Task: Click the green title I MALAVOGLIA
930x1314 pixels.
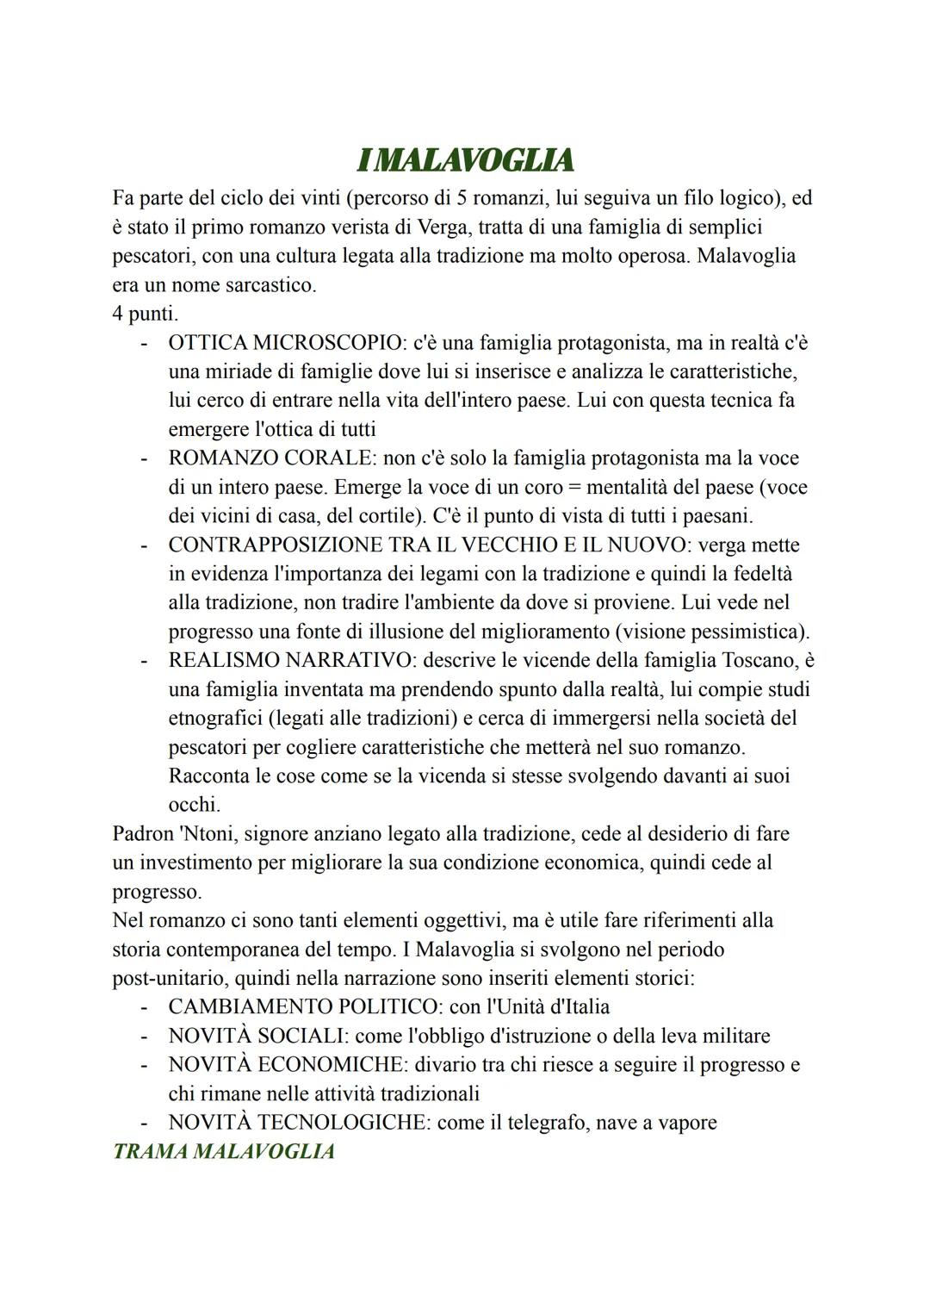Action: click(x=465, y=160)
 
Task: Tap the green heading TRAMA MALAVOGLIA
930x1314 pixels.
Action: click(x=223, y=1151)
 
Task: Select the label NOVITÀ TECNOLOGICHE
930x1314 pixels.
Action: click(x=298, y=1123)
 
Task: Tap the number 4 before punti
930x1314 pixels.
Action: click(x=118, y=314)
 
